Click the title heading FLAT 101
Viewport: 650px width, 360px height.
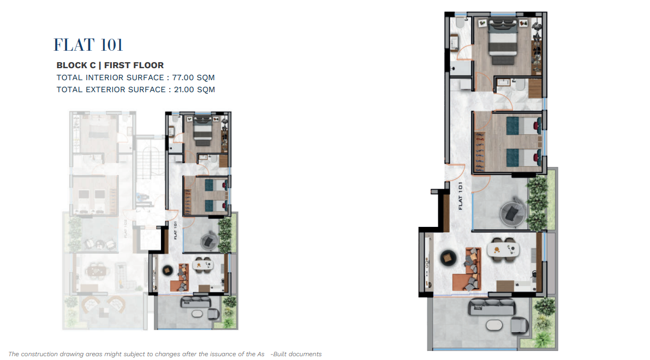[88, 45]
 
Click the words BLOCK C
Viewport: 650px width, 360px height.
[76, 65]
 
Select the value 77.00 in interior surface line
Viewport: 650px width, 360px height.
[183, 77]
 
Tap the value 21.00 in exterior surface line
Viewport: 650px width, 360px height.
[184, 89]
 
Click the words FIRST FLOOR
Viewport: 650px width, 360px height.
[134, 65]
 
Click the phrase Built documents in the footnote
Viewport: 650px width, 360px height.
[297, 354]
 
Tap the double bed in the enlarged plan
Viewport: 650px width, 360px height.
[503, 41]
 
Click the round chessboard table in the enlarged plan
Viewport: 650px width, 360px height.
[448, 257]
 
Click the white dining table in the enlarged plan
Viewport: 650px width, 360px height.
[503, 249]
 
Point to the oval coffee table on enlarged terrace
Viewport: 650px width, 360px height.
[494, 325]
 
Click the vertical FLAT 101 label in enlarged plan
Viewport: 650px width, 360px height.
[461, 196]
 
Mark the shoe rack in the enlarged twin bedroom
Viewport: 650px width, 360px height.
[479, 152]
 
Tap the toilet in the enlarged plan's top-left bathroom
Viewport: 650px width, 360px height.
[460, 23]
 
